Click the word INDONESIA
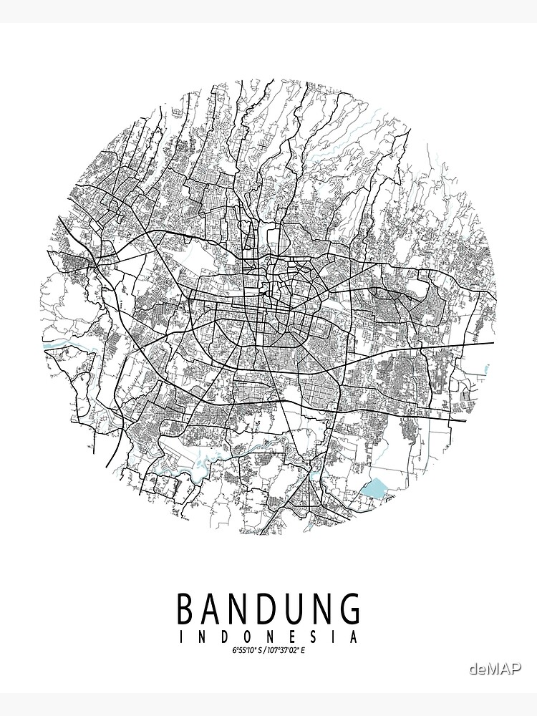click(x=268, y=637)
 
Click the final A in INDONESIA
click(x=352, y=637)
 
